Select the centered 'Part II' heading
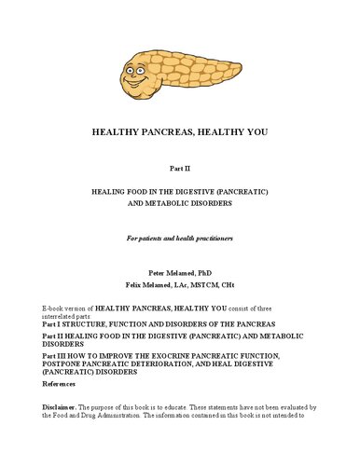point(180,170)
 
